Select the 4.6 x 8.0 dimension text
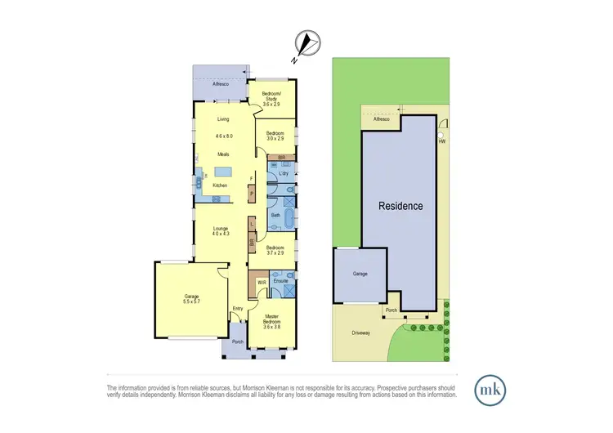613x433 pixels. coord(224,136)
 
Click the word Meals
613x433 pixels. coord(223,154)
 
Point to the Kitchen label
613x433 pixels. coord(221,185)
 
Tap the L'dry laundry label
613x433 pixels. coord(284,174)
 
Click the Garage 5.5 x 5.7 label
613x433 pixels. coord(192,299)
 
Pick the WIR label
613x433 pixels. coord(262,283)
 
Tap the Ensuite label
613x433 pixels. coord(280,282)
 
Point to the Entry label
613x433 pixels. coord(238,308)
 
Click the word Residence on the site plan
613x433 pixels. coord(400,206)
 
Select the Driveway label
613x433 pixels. coord(362,333)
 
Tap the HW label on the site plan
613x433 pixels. coord(442,141)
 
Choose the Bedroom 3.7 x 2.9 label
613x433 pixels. coord(274,250)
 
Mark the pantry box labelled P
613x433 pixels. coord(252,193)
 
